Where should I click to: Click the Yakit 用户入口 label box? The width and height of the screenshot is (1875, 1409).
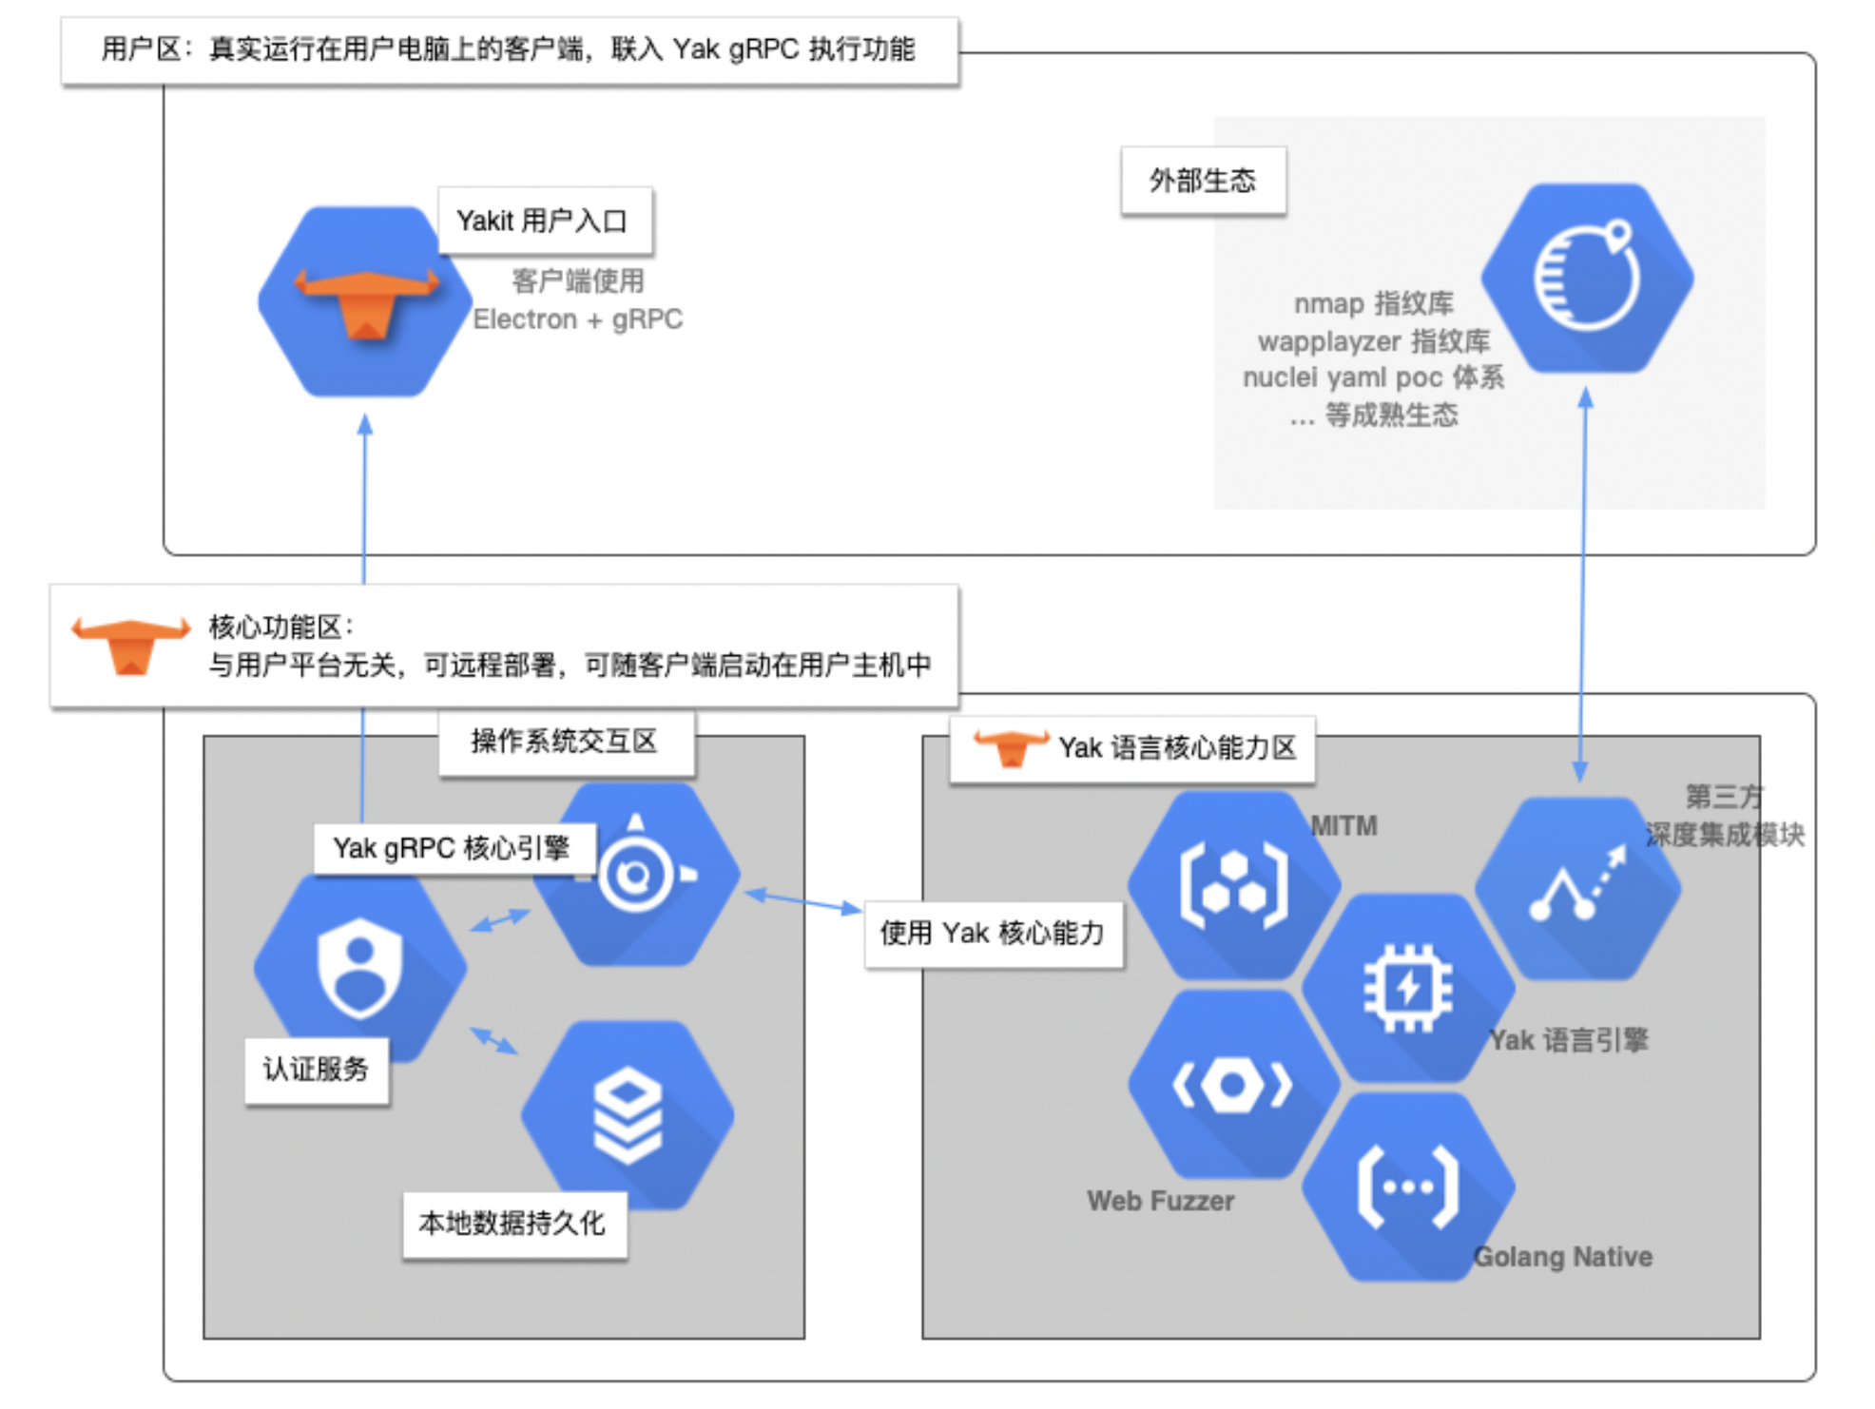pyautogui.click(x=544, y=221)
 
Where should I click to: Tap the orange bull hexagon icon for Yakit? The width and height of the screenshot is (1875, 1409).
pyautogui.click(x=366, y=302)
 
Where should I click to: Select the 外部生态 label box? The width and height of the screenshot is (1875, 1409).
pyautogui.click(x=1203, y=181)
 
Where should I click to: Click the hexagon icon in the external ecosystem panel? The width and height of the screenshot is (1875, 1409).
pyautogui.click(x=1587, y=279)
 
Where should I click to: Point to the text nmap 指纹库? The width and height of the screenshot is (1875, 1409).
pyautogui.click(x=1373, y=303)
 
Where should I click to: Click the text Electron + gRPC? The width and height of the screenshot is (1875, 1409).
pyautogui.click(x=577, y=319)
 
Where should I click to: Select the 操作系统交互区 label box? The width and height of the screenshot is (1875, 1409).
pyautogui.click(x=566, y=742)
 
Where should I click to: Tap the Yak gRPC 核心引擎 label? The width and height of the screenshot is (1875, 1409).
pyautogui.click(x=453, y=848)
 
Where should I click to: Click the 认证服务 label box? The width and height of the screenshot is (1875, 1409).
pyautogui.click(x=316, y=1070)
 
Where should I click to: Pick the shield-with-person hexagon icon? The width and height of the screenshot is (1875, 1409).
pyautogui.click(x=359, y=968)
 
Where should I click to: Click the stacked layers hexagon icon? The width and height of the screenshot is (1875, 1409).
pyautogui.click(x=628, y=1115)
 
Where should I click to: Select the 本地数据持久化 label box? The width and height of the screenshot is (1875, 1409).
pyautogui.click(x=513, y=1224)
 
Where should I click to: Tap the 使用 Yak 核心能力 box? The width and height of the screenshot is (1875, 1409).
pyautogui.click(x=993, y=934)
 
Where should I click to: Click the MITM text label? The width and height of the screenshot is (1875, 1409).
pyautogui.click(x=1343, y=826)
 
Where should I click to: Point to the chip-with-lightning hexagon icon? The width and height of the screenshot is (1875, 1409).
pyautogui.click(x=1407, y=989)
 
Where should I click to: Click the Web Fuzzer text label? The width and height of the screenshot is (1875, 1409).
pyautogui.click(x=1160, y=1202)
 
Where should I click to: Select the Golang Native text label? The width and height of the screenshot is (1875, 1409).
pyautogui.click(x=1562, y=1257)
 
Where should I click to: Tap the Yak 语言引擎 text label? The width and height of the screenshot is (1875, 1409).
pyautogui.click(x=1568, y=1040)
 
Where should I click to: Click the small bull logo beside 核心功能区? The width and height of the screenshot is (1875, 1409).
pyautogui.click(x=131, y=645)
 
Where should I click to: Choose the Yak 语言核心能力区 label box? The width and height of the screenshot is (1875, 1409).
pyautogui.click(x=1131, y=748)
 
